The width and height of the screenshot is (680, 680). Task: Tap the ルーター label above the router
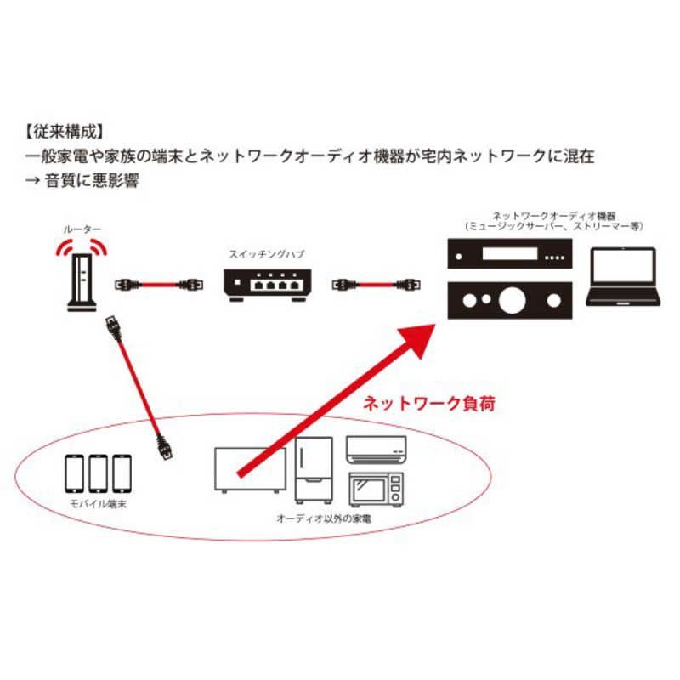pyautogui.click(x=82, y=229)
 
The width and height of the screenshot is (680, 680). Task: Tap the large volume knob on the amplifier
pyautogui.click(x=511, y=300)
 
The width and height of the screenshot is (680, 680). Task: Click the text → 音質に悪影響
pyautogui.click(x=82, y=182)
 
